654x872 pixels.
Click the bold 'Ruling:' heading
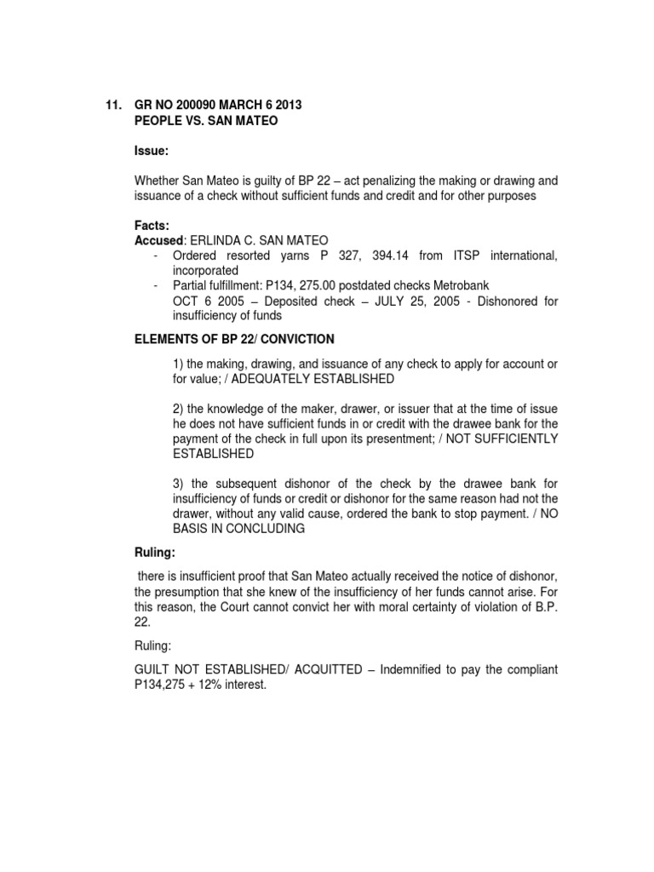155,552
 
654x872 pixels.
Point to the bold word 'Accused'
158,240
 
